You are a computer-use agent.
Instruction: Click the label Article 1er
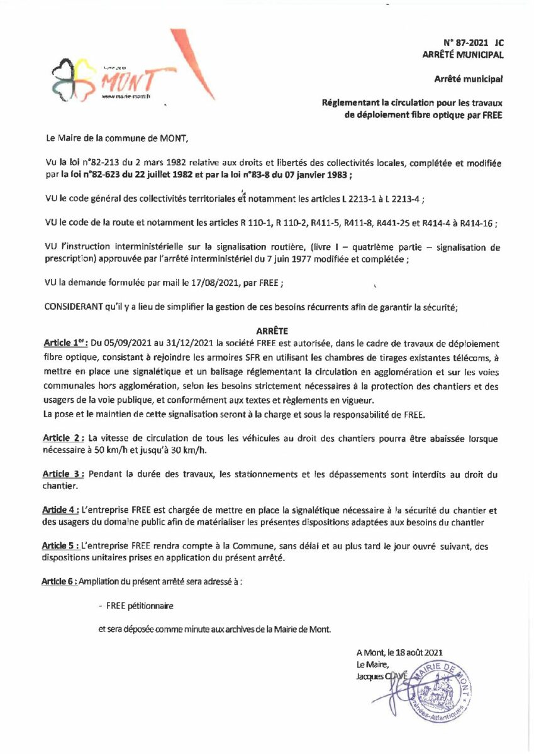point(65,343)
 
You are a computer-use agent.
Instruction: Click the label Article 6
point(60,582)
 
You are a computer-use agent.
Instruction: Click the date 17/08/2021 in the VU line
point(208,283)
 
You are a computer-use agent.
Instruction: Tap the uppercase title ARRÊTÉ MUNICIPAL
point(463,55)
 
